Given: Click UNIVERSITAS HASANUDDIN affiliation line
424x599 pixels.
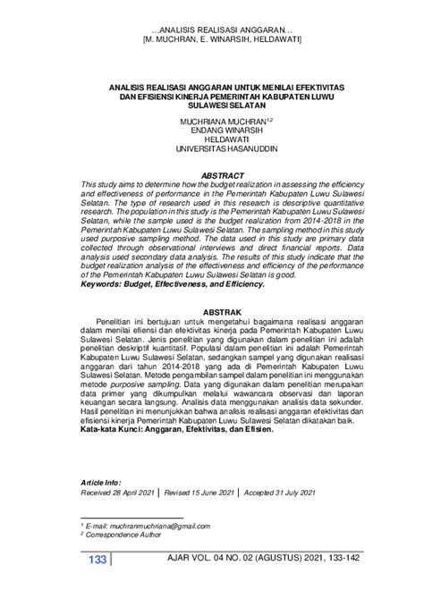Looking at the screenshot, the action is [x=212, y=148].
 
